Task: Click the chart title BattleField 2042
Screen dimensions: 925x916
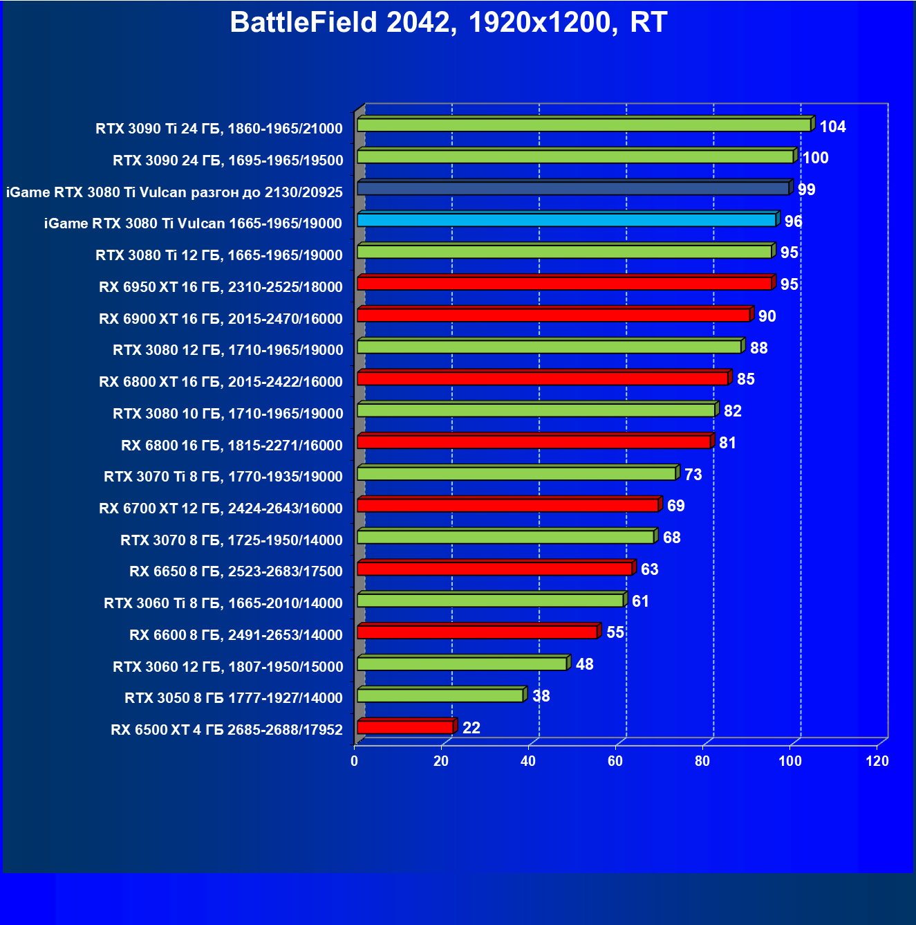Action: click(x=448, y=22)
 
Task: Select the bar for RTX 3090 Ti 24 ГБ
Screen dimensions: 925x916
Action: click(x=584, y=125)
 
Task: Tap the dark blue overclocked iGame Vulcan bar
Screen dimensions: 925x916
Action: click(x=574, y=188)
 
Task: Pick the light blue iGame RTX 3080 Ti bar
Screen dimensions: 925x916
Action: click(x=567, y=220)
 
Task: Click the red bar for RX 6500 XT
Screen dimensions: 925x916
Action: click(x=406, y=727)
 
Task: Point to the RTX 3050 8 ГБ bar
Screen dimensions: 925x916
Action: click(x=440, y=695)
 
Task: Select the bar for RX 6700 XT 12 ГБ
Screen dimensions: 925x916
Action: click(x=508, y=505)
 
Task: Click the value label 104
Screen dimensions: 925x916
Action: click(x=832, y=127)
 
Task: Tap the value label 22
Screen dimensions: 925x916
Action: click(x=471, y=728)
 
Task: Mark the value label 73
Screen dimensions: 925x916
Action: click(x=693, y=475)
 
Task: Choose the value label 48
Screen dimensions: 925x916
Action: click(x=584, y=664)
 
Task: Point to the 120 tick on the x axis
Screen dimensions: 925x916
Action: click(x=877, y=761)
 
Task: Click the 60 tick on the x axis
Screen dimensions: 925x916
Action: click(x=615, y=761)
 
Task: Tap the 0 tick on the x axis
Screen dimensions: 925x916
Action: click(x=355, y=761)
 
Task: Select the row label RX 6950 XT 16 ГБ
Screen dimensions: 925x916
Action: click(x=221, y=287)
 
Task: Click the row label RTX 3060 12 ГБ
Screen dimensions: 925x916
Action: click(x=227, y=667)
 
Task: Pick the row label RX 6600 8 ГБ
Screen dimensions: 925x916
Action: click(x=236, y=635)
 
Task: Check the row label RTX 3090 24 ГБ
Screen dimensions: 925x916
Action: click(x=227, y=161)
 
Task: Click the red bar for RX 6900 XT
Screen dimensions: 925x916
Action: click(x=554, y=315)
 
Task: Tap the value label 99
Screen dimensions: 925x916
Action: click(x=806, y=190)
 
